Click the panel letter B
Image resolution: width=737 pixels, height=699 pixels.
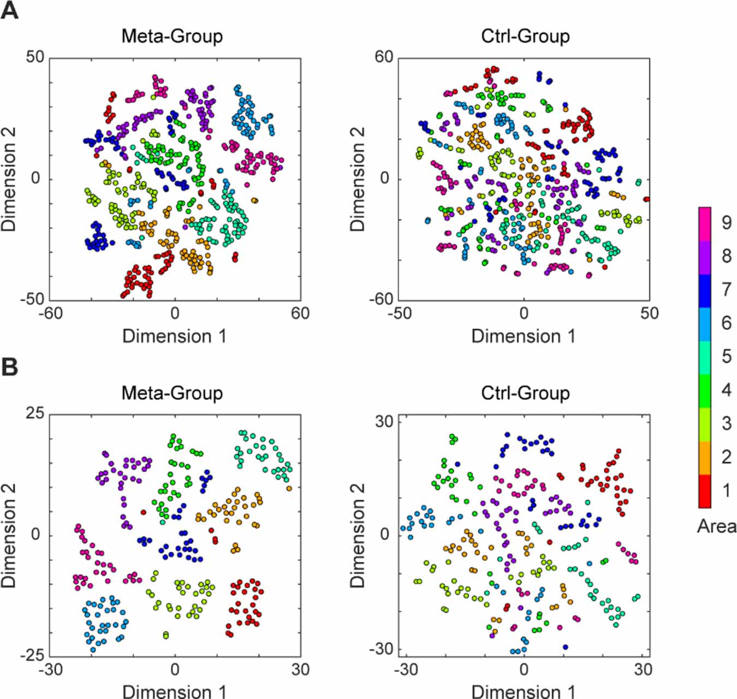tap(9, 367)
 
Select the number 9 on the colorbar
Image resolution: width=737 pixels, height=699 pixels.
tap(726, 222)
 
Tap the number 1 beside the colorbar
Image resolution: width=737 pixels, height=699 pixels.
tap(726, 490)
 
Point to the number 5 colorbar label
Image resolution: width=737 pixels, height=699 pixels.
tap(726, 356)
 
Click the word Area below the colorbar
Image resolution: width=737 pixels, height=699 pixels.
tap(716, 526)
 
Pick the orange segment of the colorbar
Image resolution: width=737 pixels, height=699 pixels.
tap(705, 458)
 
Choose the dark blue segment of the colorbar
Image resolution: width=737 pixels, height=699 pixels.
tap(705, 291)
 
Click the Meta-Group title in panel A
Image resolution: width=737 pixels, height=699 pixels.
tap(172, 36)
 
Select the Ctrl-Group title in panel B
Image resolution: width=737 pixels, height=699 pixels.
tap(525, 393)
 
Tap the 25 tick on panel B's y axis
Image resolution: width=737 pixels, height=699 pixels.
tap(34, 413)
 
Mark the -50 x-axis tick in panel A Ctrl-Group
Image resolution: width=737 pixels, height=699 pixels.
tap(399, 313)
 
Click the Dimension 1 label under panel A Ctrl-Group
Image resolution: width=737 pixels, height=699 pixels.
tap(523, 336)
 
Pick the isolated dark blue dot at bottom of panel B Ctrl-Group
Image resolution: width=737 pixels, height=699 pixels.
tap(565, 647)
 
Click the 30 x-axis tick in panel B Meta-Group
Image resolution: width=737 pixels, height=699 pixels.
tap(300, 670)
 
